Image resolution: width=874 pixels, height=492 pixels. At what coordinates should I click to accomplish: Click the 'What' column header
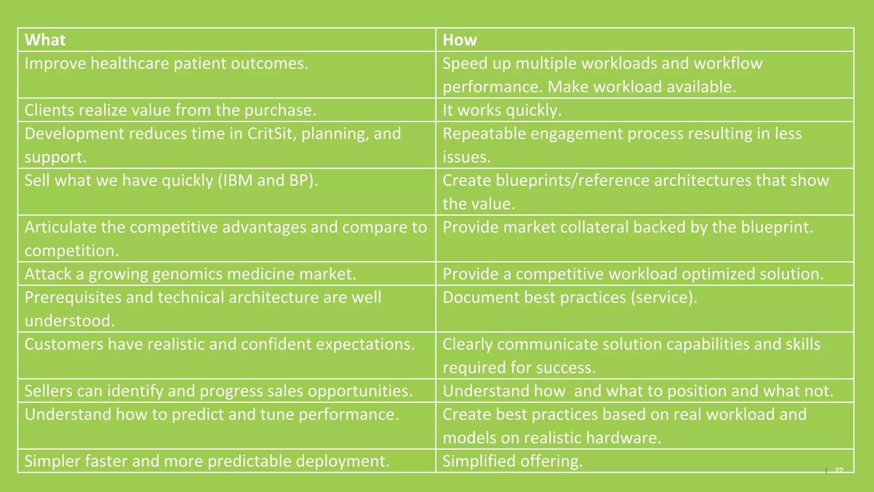(45, 40)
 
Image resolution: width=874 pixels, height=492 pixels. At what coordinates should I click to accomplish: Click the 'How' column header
(460, 40)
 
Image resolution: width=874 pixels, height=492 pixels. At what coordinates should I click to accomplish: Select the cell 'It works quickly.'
(502, 110)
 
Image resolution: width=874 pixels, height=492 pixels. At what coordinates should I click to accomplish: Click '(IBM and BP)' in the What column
(268, 181)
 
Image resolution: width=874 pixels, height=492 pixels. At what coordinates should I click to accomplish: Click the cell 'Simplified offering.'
(512, 461)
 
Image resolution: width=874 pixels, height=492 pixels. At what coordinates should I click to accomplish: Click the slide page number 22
(839, 470)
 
